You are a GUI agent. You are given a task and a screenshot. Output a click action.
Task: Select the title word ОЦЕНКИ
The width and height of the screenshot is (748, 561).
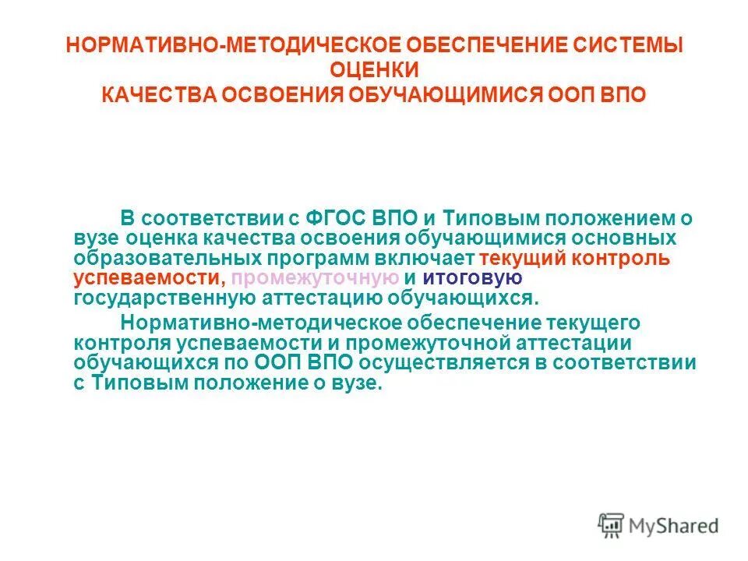tap(375, 70)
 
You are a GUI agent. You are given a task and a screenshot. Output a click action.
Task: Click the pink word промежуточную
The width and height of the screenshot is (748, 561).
tap(315, 278)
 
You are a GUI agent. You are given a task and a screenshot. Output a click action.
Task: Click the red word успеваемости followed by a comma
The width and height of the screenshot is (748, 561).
tap(149, 278)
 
